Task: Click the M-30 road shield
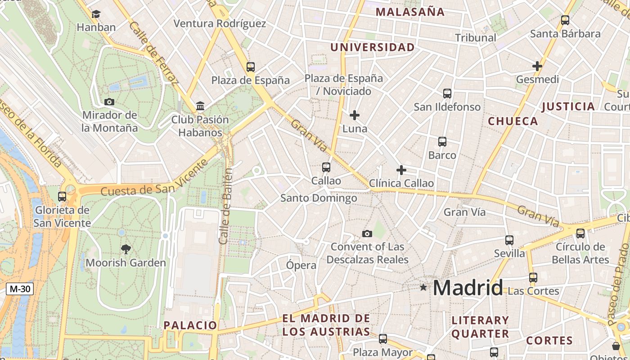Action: coord(20,289)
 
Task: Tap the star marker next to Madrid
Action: coord(423,287)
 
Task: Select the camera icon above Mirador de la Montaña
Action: coord(109,102)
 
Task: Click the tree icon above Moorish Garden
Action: coord(126,249)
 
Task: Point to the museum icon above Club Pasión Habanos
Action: coord(200,106)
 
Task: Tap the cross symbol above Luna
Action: coord(355,115)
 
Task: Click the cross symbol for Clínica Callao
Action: coord(401,170)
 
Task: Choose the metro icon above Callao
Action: coord(326,167)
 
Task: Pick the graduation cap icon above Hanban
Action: coord(96,14)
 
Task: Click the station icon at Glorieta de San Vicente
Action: coord(62,197)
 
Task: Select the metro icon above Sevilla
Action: coord(509,240)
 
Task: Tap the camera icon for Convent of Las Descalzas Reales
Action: coord(367,234)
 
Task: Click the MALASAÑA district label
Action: coord(410,12)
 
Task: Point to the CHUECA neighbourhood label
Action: coord(513,121)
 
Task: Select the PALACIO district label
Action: coord(190,325)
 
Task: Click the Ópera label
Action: coord(301,265)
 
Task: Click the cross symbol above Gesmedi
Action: coord(537,66)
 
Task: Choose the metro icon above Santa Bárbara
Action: coord(565,20)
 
